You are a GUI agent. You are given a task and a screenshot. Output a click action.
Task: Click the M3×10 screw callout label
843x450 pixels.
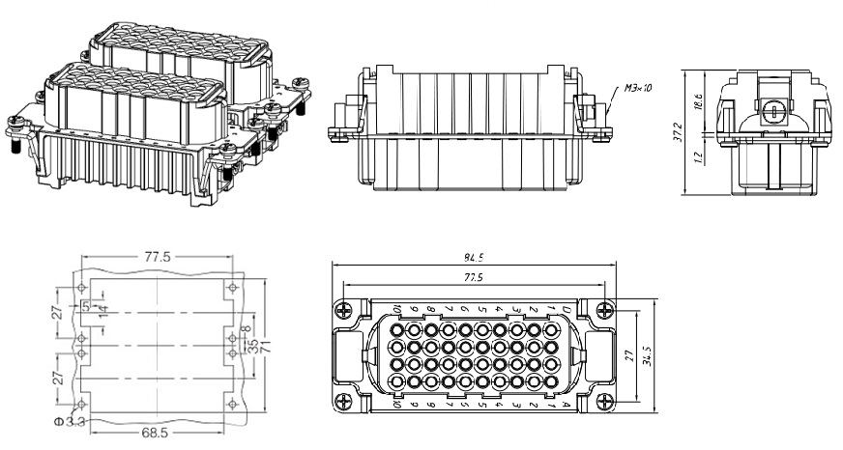637,88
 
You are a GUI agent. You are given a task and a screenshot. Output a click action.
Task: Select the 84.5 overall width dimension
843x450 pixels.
474,258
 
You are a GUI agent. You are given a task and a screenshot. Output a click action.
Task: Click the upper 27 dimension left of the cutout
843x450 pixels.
58,313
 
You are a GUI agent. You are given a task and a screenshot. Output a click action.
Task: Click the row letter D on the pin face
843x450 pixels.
565,309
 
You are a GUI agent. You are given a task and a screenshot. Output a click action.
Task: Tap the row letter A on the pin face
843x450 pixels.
565,406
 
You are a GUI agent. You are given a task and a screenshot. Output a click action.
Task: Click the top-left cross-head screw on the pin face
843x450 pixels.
343,310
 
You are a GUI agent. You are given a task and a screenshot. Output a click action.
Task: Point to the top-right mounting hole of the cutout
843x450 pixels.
230,288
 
